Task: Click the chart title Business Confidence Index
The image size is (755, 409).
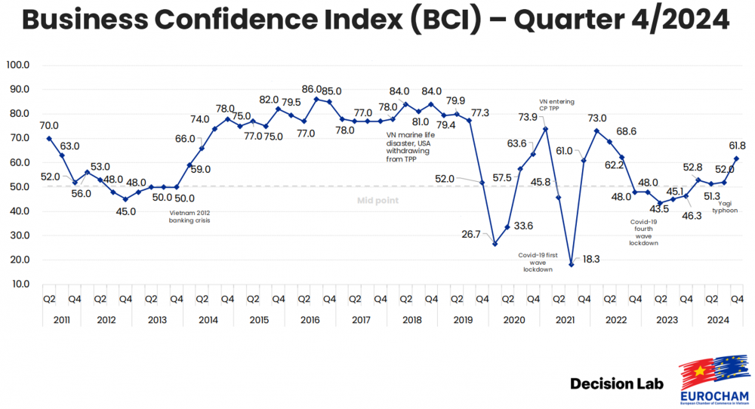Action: [x=375, y=20]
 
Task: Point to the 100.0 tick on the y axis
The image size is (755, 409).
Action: [x=17, y=65]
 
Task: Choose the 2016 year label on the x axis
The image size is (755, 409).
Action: [x=310, y=320]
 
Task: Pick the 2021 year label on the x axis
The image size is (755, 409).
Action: [x=565, y=320]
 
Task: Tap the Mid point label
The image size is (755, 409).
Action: [x=377, y=201]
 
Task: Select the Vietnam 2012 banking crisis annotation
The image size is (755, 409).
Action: [x=189, y=217]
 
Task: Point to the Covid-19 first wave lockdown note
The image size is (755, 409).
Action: [x=538, y=262]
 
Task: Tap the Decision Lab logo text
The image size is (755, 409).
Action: [x=617, y=384]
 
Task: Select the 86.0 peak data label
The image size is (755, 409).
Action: [x=312, y=89]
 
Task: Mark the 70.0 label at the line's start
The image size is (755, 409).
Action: [x=49, y=126]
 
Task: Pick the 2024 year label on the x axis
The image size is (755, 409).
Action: [x=718, y=320]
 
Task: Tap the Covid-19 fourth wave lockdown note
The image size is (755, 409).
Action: [x=644, y=232]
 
